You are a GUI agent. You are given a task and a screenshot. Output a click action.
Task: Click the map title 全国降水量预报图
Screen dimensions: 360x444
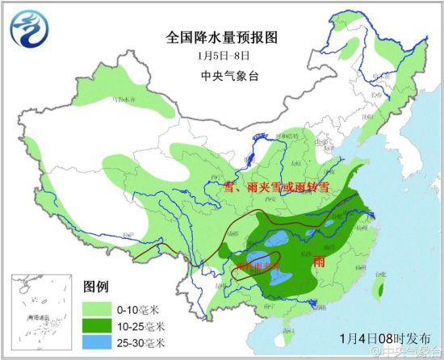222,37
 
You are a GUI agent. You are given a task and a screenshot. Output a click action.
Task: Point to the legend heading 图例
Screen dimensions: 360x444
95,288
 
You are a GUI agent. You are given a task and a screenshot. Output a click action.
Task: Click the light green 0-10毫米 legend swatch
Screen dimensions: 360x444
98,308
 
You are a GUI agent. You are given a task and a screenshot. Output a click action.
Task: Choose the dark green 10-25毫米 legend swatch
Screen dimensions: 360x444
98,326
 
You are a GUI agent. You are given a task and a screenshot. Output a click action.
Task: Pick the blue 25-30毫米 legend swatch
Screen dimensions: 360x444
98,344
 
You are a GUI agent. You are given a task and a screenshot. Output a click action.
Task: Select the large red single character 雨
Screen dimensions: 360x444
319,262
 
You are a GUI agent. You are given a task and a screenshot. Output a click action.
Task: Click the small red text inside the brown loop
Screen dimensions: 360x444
256,266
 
